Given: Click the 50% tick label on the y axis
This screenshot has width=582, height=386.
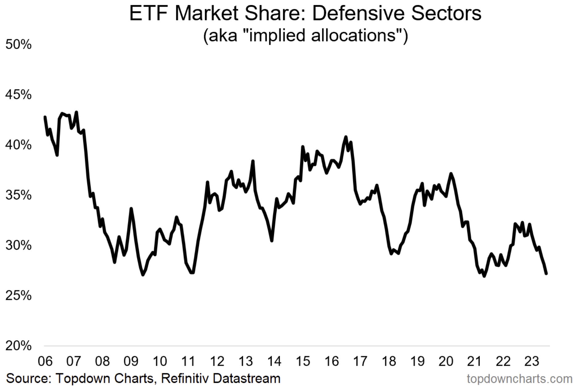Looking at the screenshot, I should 19,45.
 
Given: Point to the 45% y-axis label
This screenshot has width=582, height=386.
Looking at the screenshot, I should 19,95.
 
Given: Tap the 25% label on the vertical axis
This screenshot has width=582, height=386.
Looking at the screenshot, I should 19,296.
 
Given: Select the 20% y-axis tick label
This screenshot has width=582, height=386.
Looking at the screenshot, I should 19,346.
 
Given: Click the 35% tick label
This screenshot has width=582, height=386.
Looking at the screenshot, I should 19,195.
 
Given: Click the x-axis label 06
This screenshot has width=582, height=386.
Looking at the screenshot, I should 45,361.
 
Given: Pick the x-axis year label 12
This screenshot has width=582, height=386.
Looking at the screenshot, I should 217,361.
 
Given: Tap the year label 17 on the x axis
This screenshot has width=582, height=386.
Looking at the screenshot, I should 360,361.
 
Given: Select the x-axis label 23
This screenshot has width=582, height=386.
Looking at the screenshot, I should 532,361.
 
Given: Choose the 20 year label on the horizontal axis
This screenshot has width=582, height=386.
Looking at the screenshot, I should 446,361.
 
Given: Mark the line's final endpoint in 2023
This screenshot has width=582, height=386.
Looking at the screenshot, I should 546,273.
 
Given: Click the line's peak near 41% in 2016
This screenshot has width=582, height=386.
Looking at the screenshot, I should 346,137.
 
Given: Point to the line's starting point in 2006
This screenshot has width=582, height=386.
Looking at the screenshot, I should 45,117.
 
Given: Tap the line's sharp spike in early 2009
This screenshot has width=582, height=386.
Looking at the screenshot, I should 131,209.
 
